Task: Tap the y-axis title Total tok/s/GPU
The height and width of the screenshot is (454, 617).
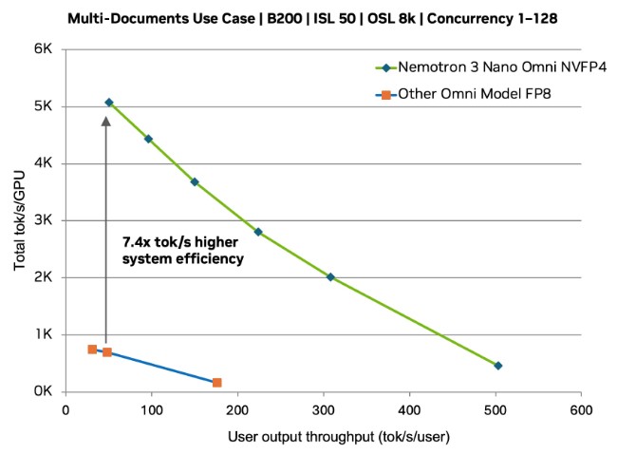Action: click(x=20, y=220)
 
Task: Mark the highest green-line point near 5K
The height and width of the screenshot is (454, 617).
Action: click(x=109, y=102)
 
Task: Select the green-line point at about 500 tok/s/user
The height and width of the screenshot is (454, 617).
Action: click(x=497, y=366)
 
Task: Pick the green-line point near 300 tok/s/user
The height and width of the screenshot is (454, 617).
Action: click(x=330, y=276)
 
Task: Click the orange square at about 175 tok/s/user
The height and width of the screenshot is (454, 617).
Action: click(x=216, y=382)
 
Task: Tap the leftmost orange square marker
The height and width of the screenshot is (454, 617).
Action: click(x=92, y=350)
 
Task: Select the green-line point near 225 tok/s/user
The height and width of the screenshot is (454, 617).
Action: click(x=258, y=232)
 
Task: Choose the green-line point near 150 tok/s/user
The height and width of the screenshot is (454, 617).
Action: click(x=195, y=181)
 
